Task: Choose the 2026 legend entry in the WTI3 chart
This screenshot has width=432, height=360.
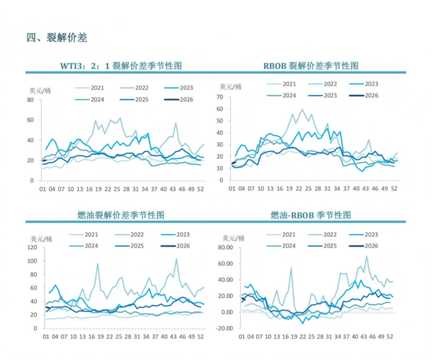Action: pyautogui.click(x=180, y=99)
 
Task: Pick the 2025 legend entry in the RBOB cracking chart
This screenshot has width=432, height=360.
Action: pyautogui.click(x=329, y=94)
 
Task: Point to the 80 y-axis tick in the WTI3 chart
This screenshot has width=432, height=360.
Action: pyautogui.click(x=29, y=100)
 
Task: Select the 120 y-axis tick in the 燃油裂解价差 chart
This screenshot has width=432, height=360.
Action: pyautogui.click(x=30, y=248)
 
